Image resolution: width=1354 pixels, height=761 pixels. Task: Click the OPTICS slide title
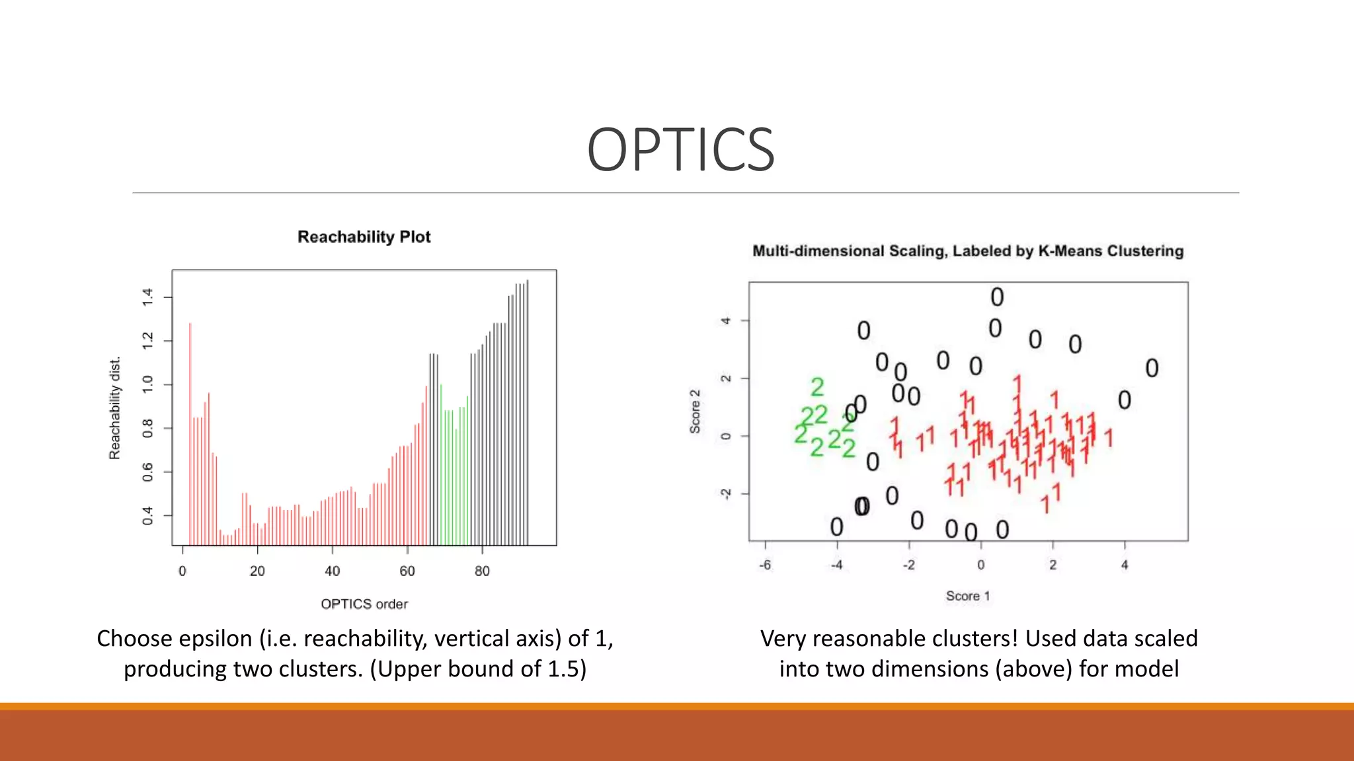click(680, 151)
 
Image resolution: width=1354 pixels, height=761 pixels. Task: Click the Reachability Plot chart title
click(364, 237)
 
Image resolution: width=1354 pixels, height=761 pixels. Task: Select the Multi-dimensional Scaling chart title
click(967, 251)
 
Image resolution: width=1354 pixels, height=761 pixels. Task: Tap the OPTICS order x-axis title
click(364, 604)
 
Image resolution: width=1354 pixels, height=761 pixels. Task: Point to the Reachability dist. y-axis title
click(115, 408)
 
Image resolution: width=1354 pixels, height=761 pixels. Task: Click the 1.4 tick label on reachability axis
click(147, 297)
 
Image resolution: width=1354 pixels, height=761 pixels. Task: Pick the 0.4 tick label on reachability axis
click(147, 515)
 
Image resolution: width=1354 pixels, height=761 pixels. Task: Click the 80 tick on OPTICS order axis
click(482, 571)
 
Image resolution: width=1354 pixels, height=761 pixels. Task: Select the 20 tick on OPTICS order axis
click(257, 571)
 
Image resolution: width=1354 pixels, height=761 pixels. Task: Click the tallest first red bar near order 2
click(190, 429)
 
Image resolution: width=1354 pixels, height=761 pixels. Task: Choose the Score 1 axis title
click(967, 596)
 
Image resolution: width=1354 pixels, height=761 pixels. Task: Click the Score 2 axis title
click(695, 411)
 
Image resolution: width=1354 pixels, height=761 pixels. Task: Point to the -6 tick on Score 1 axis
click(765, 565)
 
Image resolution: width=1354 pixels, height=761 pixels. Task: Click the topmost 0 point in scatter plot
click(997, 297)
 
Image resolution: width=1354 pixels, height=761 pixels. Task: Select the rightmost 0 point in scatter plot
click(1152, 368)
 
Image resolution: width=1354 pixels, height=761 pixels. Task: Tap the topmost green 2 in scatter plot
click(817, 386)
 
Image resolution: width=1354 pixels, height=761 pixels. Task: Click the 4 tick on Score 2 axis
click(726, 320)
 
